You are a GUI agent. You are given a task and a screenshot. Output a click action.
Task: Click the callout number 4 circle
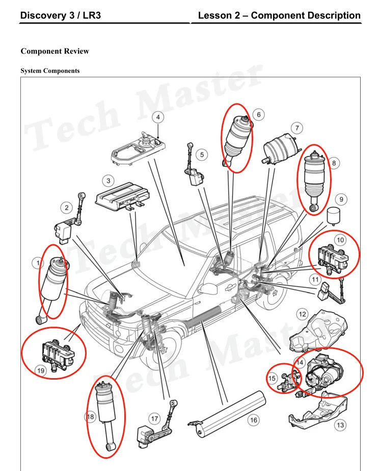158,117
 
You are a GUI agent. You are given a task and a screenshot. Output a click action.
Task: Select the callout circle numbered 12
302,314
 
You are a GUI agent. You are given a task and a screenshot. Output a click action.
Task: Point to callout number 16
253,420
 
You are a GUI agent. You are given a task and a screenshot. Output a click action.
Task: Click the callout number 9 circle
341,199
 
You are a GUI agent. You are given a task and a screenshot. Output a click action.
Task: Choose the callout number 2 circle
67,208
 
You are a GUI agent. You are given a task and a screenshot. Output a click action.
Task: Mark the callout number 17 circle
154,419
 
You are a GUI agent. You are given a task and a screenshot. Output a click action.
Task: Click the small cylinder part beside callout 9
333,215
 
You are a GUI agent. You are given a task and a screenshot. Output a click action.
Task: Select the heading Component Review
55,51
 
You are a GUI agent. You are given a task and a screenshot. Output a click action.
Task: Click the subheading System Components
50,71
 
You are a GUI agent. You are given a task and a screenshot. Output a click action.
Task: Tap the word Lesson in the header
215,15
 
